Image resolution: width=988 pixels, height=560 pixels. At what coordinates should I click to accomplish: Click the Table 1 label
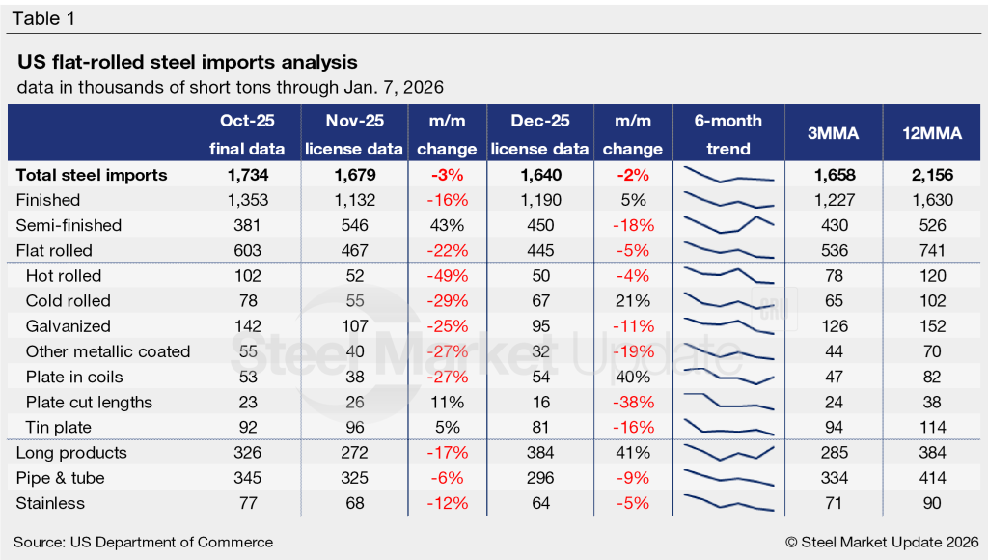click(x=42, y=18)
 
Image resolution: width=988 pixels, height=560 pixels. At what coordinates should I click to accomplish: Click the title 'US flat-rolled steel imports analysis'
click(x=188, y=63)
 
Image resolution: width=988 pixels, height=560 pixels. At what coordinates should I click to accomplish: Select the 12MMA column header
click(x=932, y=134)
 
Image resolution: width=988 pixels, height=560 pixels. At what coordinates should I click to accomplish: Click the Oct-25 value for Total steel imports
click(x=246, y=175)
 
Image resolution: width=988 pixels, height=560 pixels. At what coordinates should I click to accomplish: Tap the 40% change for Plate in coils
click(x=633, y=377)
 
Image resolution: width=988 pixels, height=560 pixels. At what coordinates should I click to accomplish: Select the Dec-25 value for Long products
click(x=540, y=453)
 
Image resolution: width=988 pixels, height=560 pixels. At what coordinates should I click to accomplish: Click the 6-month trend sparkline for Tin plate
click(x=728, y=427)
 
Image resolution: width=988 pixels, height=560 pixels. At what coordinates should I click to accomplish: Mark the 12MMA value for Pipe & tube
click(x=932, y=478)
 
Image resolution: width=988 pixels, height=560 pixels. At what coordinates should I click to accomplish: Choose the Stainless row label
click(x=50, y=503)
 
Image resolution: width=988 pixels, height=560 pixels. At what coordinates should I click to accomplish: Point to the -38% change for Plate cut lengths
click(x=633, y=402)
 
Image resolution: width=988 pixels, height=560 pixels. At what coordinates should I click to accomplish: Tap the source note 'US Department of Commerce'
click(x=143, y=542)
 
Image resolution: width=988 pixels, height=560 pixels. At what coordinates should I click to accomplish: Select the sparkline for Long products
click(x=728, y=452)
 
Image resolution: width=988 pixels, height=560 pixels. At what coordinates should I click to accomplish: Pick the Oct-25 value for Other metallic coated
click(x=246, y=351)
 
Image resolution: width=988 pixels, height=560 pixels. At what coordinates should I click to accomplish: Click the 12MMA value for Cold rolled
click(x=932, y=301)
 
